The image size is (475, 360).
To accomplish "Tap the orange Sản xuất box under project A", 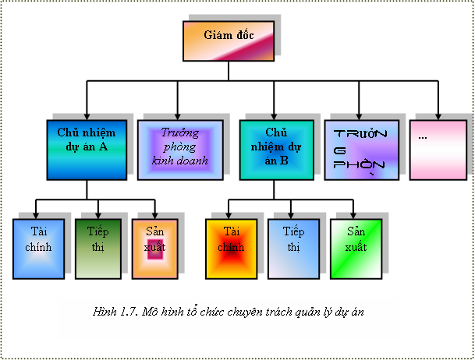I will (155, 249).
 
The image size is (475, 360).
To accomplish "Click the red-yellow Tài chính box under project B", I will (230, 249).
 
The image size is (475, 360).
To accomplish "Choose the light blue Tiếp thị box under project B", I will (292, 249).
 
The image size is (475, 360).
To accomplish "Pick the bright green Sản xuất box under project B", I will (355, 249).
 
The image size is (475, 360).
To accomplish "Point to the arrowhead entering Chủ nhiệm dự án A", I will (86, 115).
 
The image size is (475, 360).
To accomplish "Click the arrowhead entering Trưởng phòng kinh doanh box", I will (178, 115).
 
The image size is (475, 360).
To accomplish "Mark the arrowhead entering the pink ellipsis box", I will (438, 115).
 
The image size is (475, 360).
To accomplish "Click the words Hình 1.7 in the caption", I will (114, 312).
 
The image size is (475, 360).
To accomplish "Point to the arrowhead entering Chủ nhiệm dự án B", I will (276, 115).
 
